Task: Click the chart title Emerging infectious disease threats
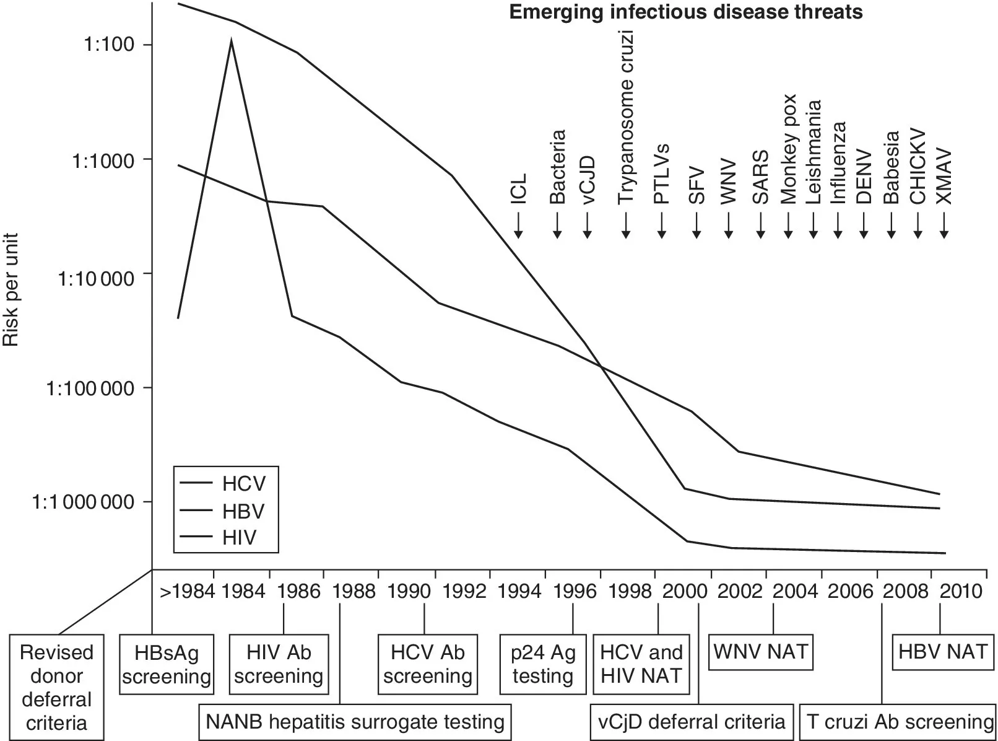pyautogui.click(x=685, y=12)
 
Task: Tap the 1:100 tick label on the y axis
pyautogui.click(x=109, y=45)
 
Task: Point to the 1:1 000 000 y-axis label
pyautogui.click(x=83, y=502)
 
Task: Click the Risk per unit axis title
pyautogui.click(x=11, y=289)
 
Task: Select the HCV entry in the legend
pyautogui.click(x=243, y=484)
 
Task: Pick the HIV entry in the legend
pyautogui.click(x=239, y=537)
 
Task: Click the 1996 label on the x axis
pyautogui.click(x=575, y=592)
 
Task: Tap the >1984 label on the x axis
pyautogui.click(x=188, y=592)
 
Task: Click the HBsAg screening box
pyautogui.click(x=167, y=664)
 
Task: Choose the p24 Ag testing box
pyautogui.click(x=543, y=664)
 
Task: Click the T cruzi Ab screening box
pyautogui.click(x=900, y=722)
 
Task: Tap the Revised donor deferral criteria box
pyautogui.click(x=56, y=687)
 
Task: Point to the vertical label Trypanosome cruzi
pyautogui.click(x=626, y=118)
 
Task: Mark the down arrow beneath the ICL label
pyautogui.click(x=518, y=226)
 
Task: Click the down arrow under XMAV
pyautogui.click(x=944, y=226)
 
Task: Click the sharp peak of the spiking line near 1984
pyautogui.click(x=231, y=40)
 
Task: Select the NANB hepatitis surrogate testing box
pyautogui.click(x=355, y=722)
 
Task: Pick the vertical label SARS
pyautogui.click(x=760, y=177)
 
